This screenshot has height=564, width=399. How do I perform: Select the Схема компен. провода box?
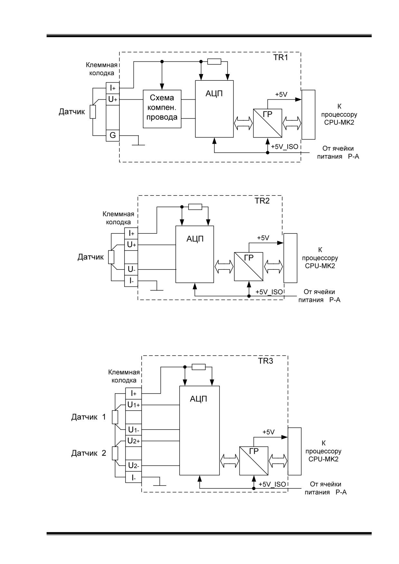162,109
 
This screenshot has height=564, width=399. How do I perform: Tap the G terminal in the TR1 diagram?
113,135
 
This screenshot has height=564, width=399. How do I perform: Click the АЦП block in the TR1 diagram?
214,109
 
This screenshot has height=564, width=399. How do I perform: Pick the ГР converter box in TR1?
268,123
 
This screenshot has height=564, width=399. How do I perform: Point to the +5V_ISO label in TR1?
284,147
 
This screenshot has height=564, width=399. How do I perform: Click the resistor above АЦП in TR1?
214,62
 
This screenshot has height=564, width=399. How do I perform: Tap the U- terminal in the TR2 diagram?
131,269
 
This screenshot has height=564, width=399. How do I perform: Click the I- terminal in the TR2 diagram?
131,281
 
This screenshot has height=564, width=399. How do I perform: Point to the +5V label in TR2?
263,238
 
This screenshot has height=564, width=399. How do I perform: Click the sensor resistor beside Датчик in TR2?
111,257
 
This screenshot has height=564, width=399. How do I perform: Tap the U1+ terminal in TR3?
134,405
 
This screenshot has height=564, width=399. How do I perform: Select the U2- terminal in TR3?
134,465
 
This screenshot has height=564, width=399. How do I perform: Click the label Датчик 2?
88,453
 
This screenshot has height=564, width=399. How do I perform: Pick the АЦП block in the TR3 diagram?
199,430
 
